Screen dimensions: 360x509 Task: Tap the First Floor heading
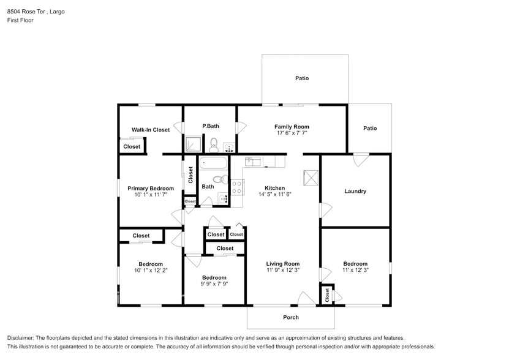(20, 20)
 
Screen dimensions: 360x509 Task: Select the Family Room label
(291, 127)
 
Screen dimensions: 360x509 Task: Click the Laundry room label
(355, 191)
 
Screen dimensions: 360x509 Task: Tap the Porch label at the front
(291, 317)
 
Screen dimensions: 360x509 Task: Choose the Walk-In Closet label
(151, 130)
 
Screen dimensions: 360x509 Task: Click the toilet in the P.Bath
(214, 145)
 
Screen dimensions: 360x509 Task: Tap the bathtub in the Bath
(214, 163)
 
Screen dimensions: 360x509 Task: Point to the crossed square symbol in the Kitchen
(311, 178)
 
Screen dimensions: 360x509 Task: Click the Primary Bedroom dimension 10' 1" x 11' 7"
(151, 194)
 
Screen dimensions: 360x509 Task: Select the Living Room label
(282, 264)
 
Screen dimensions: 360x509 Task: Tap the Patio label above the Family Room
(302, 78)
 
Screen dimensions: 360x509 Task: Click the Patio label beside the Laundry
(370, 128)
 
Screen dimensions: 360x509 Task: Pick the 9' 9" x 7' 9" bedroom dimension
(214, 283)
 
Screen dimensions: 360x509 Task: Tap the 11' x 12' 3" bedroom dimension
(355, 269)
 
